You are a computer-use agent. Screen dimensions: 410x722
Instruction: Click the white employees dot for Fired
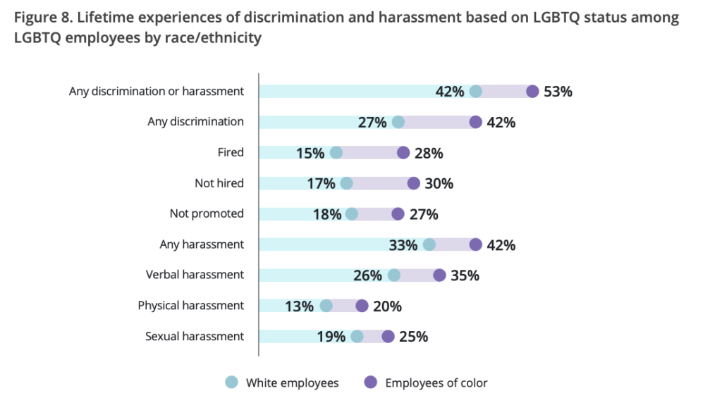point(336,153)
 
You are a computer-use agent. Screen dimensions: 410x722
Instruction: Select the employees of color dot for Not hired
point(414,183)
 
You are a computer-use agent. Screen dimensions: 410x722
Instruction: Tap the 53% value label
point(558,92)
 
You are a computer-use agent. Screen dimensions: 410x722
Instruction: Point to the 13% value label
point(300,306)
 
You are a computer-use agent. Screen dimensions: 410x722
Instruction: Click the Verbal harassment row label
point(195,275)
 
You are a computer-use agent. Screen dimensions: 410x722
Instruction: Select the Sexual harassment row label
point(195,336)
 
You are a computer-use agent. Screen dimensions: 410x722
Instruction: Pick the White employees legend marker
point(231,383)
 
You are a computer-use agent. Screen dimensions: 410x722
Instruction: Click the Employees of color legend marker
point(370,383)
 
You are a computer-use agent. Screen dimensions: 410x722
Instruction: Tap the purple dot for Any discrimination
point(476,122)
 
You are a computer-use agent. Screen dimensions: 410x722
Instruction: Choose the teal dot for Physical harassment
point(326,306)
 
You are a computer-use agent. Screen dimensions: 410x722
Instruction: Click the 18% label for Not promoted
point(327,214)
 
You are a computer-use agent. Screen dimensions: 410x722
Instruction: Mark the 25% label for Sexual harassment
point(414,337)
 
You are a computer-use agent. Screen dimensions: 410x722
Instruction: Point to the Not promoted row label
point(207,213)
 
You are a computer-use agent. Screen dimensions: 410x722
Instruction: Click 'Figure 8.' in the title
point(39,18)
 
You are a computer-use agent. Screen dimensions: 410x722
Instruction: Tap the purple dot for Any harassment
point(476,244)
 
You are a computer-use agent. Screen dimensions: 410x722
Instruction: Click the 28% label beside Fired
point(429,153)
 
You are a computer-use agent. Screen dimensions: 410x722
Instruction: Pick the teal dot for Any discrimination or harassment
point(476,92)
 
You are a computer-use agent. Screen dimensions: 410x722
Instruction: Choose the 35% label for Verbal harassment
point(465,275)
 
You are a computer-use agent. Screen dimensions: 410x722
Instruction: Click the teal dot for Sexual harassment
point(357,337)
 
